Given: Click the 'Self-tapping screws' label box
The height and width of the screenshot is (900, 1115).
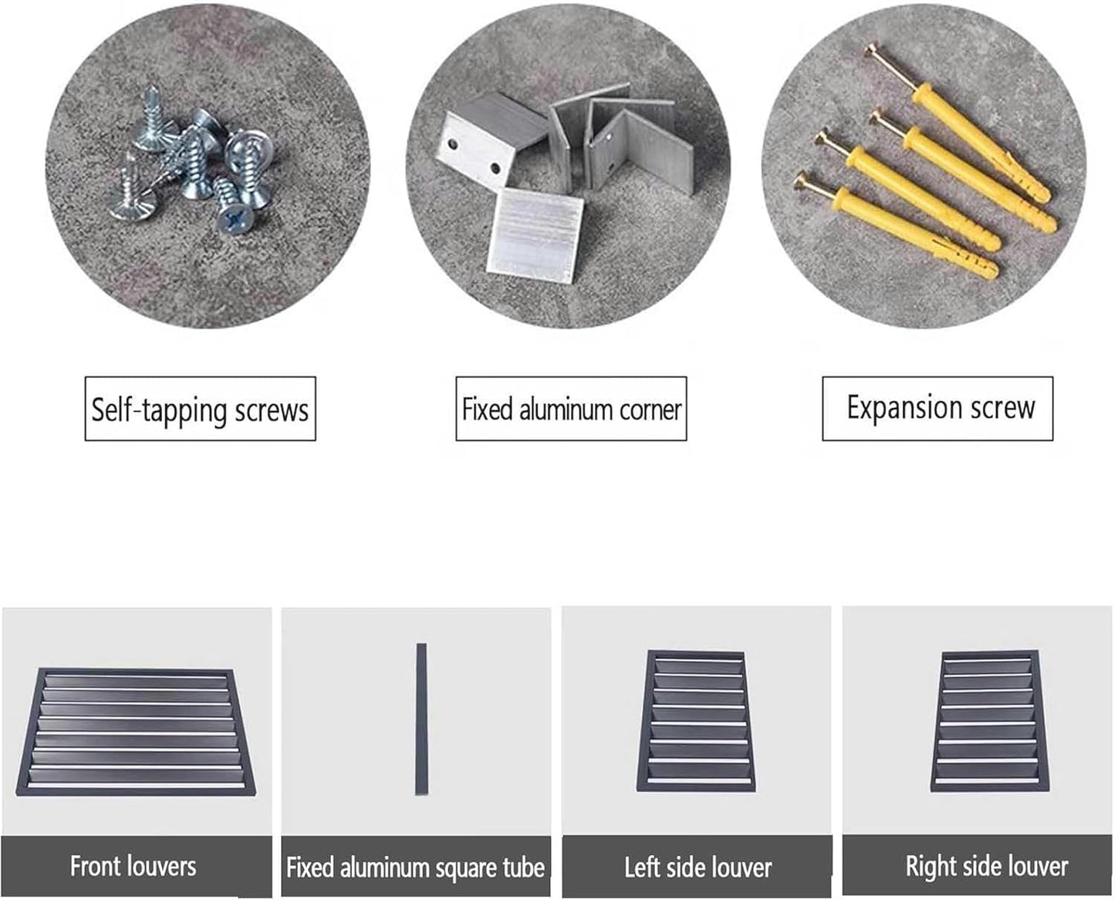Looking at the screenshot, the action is coord(200,408).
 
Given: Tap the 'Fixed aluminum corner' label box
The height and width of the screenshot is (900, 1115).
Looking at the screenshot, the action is coord(571,408).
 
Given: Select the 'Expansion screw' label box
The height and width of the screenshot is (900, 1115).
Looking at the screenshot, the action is coord(938,408).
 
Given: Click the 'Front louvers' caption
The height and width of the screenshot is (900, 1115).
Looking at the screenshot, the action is coord(133,866).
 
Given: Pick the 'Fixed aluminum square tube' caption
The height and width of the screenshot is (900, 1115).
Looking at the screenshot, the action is coord(416,867).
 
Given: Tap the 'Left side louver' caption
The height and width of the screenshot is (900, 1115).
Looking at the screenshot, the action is coord(698,867).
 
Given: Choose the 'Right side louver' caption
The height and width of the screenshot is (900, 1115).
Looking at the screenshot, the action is coord(987,866).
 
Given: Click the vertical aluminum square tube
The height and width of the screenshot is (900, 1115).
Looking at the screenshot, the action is coord(421,719).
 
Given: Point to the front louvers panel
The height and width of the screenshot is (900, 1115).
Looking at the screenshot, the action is coord(136,732).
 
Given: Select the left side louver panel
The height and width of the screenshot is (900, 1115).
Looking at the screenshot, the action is coord(696,720).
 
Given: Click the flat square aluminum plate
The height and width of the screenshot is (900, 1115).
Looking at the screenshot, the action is coord(535,235).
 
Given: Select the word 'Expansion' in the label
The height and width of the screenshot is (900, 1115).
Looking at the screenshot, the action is coord(904,408).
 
